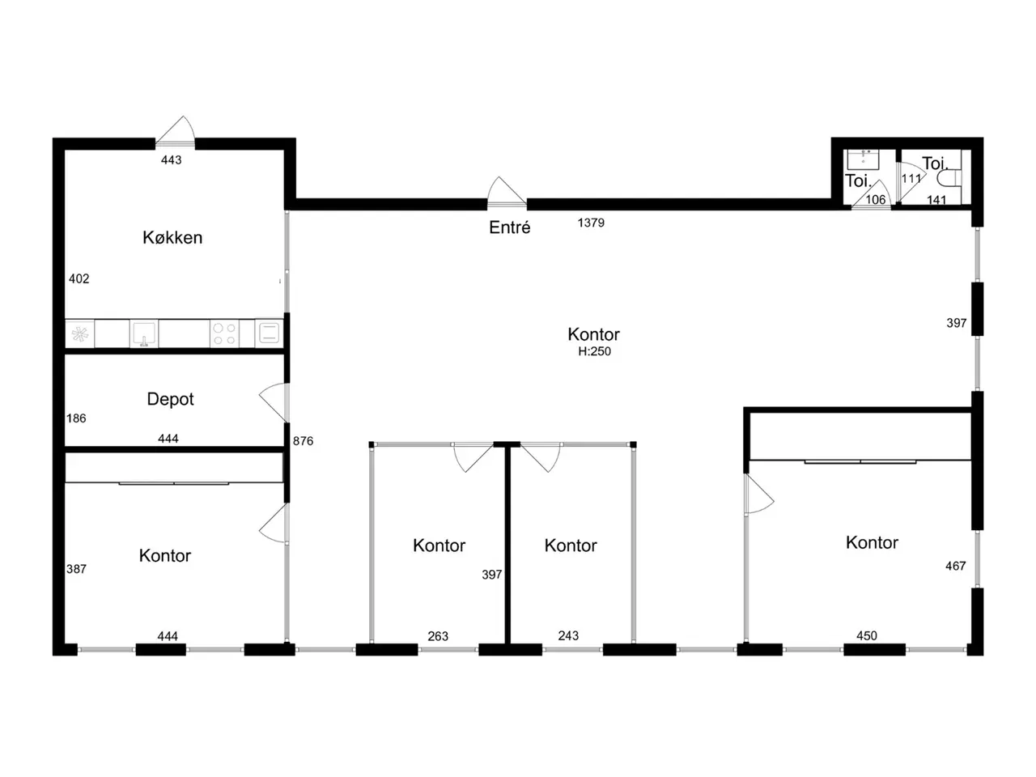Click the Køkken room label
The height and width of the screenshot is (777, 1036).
pyautogui.click(x=172, y=237)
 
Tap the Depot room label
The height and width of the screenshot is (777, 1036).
pyautogui.click(x=170, y=399)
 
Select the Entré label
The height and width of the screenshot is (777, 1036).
pyautogui.click(x=509, y=227)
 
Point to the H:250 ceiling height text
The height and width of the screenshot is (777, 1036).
pyautogui.click(x=594, y=351)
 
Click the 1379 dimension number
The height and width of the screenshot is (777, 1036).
pyautogui.click(x=591, y=223)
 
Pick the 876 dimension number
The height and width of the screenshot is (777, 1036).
pyautogui.click(x=303, y=441)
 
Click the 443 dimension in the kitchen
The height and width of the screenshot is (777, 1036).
pyautogui.click(x=171, y=160)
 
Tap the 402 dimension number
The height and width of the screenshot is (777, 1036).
pyautogui.click(x=79, y=278)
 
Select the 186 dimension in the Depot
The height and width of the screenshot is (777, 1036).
pyautogui.click(x=76, y=418)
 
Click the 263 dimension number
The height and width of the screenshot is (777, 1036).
pyautogui.click(x=438, y=636)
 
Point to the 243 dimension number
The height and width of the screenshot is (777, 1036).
pyautogui.click(x=568, y=636)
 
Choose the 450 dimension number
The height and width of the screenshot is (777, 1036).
pyautogui.click(x=867, y=636)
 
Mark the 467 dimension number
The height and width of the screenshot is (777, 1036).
pyautogui.click(x=955, y=566)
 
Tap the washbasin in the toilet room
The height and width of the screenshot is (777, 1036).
pyautogui.click(x=863, y=159)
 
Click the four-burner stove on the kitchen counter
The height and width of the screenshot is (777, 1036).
pyautogui.click(x=224, y=333)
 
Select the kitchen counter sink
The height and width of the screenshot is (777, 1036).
pyautogui.click(x=144, y=333)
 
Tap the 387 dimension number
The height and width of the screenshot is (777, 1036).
pyautogui.click(x=76, y=569)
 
